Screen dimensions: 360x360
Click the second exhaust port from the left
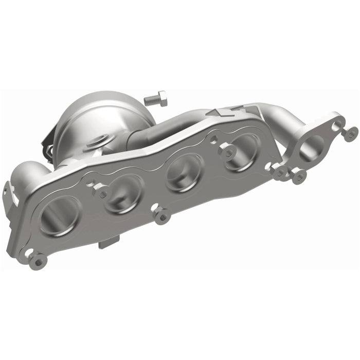click(x=123, y=194)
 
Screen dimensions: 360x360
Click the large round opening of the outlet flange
click(x=311, y=148)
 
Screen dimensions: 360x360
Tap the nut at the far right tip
click(x=350, y=134)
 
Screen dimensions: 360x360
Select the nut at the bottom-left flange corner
click(x=37, y=261)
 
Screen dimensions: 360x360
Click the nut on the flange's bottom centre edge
click(x=162, y=217)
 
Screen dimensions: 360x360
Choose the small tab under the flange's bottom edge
click(x=109, y=241)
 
